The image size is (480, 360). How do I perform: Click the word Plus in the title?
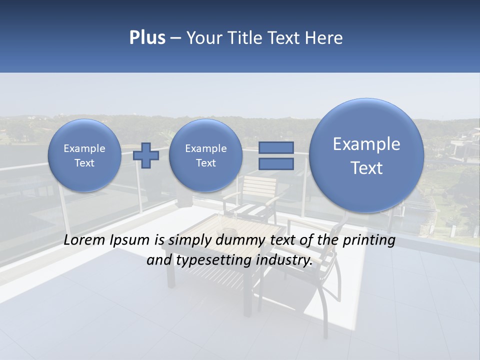[147, 38]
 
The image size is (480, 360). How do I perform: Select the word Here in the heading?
[324, 38]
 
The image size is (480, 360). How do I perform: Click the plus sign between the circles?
[146, 155]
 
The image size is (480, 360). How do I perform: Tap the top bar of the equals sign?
[275, 148]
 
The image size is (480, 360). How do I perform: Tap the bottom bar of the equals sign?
[275, 163]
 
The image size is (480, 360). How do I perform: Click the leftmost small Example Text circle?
[84, 155]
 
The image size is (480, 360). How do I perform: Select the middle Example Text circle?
[205, 155]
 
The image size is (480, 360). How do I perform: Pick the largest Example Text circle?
[366, 155]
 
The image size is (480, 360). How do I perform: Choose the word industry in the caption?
[284, 260]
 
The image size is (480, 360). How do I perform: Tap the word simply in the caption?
[187, 240]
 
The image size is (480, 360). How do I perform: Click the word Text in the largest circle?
[366, 168]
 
